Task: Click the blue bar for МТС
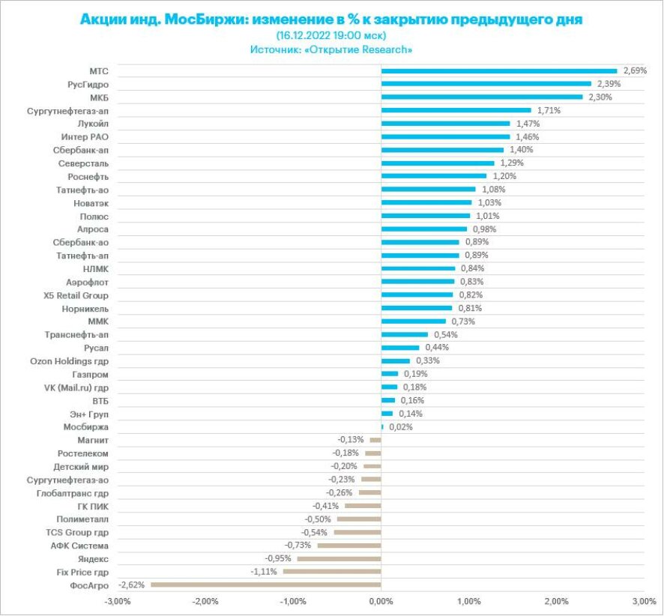[498, 70]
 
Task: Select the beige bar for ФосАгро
[266, 585]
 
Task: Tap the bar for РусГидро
[486, 84]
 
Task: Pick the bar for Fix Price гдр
[332, 571]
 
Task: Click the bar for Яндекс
[339, 558]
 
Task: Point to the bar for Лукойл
[445, 123]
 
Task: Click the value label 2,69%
[635, 70]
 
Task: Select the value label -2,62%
[132, 585]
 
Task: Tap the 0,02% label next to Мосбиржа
[400, 426]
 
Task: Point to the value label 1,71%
[549, 110]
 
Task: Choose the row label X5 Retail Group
[76, 295]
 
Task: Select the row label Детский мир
[83, 466]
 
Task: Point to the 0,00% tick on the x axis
[381, 601]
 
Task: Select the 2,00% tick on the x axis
[556, 601]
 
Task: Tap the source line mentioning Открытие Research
[331, 49]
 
